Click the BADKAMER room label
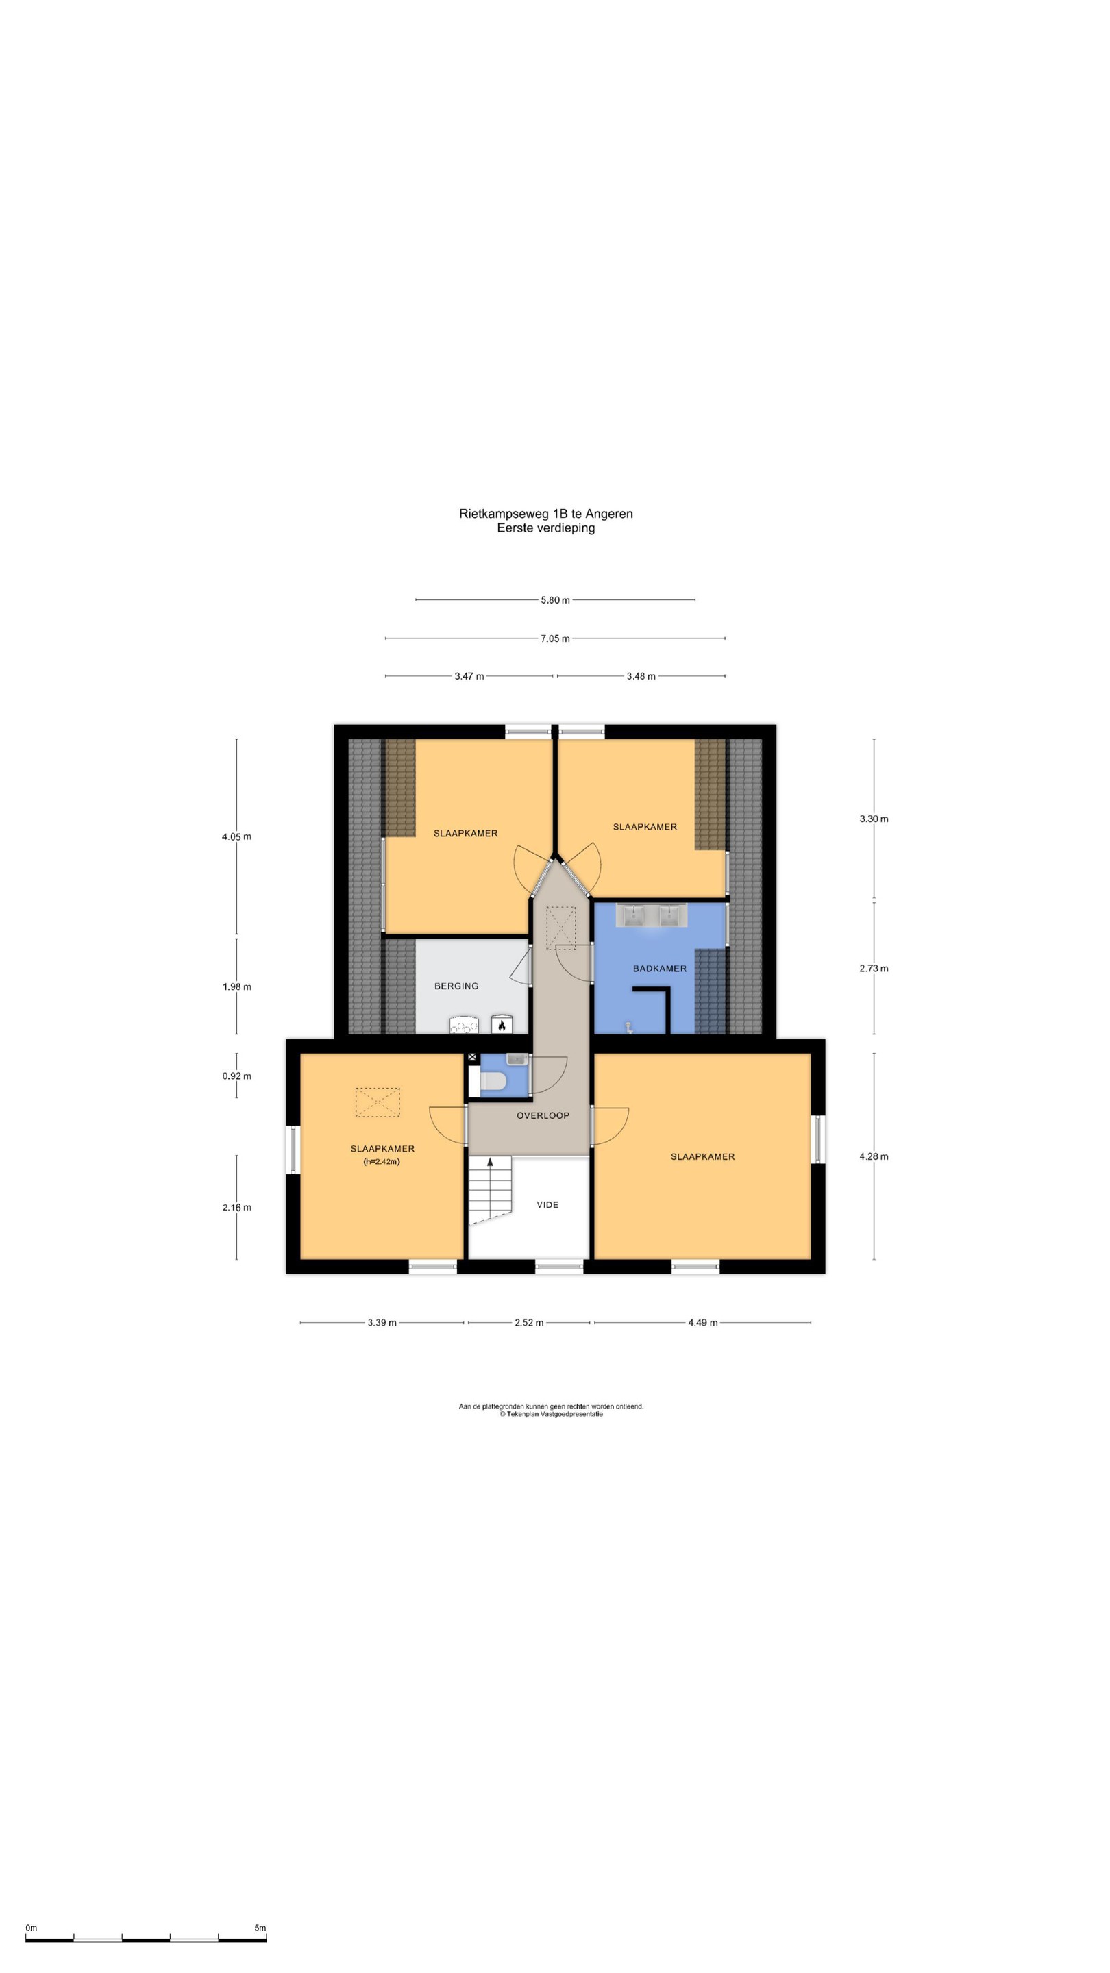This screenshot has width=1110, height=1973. [658, 968]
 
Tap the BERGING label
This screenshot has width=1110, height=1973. [456, 986]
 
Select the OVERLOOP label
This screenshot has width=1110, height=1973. [543, 1115]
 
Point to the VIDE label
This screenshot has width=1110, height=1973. [547, 1205]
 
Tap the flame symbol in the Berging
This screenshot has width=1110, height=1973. [501, 1025]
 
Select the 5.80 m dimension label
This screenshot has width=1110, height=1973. [554, 599]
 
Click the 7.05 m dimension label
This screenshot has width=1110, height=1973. [554, 638]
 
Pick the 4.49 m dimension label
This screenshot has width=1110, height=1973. [702, 1322]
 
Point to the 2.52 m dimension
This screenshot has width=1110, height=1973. [528, 1322]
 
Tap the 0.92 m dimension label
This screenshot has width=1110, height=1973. [236, 1076]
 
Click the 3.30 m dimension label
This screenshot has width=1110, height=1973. [874, 819]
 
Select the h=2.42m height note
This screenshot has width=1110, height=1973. [382, 1161]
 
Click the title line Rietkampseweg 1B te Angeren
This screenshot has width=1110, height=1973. [545, 513]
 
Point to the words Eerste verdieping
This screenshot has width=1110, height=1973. [545, 528]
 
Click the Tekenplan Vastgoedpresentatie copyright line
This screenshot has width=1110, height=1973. [551, 1414]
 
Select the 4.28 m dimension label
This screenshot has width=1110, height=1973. [874, 1156]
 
